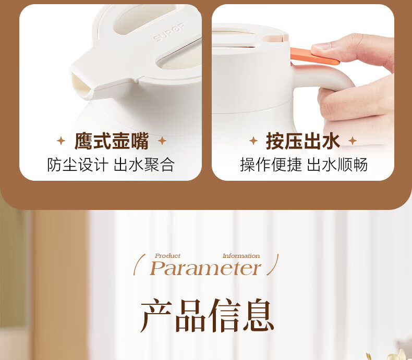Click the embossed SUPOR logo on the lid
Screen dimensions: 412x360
coord(169,32)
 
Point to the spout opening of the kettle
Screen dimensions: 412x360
coord(81,85)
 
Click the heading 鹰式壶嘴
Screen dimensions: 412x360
coord(112,141)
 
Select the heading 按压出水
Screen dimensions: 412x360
coord(303,141)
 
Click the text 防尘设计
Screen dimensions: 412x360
coord(78,165)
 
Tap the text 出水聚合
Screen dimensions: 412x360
coord(144,165)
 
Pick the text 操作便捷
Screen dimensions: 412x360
coord(271,165)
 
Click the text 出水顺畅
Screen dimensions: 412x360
coord(337,165)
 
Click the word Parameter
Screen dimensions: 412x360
coord(205,268)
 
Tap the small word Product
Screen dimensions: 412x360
coord(167,256)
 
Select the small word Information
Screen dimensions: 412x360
coord(241,256)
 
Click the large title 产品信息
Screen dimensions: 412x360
coord(207,315)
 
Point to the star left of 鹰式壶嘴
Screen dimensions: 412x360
coord(61,141)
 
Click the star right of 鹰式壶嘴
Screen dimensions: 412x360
coord(162,141)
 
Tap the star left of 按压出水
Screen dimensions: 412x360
coord(253,141)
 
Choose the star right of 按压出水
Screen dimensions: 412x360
coord(353,141)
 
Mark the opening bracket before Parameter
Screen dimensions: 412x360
coord(139,265)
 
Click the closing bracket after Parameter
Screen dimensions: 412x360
coord(272,265)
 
